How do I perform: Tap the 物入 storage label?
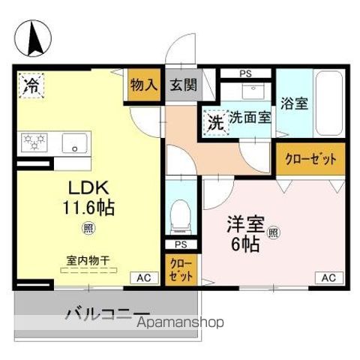[143, 85]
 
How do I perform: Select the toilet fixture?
[179, 215]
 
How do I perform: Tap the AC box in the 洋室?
[328, 278]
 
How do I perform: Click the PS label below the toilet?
[180, 244]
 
